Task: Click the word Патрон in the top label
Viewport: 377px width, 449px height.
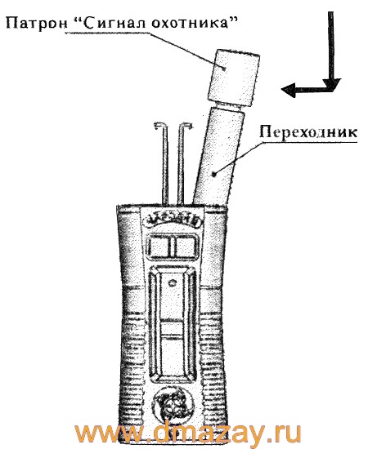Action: click(36, 24)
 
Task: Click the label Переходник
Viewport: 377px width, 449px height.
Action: click(308, 132)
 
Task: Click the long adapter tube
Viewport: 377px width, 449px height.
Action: click(218, 156)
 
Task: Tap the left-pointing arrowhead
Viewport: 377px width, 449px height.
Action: click(289, 89)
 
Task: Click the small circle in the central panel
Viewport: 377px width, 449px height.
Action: click(173, 283)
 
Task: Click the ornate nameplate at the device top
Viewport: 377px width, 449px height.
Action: click(172, 221)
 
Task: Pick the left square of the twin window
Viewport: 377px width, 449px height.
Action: click(159, 247)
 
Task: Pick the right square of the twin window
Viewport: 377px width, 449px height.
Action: click(186, 247)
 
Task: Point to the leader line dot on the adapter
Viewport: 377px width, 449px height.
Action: click(213, 173)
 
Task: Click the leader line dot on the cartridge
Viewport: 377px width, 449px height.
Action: click(224, 68)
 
